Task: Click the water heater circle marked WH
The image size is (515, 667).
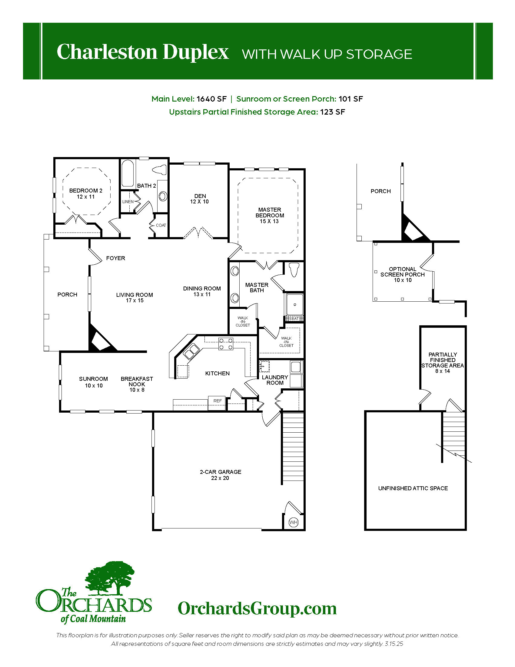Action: [x=294, y=523]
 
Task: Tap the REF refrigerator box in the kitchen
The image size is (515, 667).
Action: [x=217, y=403]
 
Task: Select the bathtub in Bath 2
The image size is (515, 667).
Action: [x=128, y=174]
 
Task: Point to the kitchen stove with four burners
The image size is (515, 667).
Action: [x=226, y=344]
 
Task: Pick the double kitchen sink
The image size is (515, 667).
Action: [x=191, y=351]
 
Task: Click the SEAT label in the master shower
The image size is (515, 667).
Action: [x=294, y=319]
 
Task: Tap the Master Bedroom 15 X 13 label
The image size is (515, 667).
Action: [x=270, y=215]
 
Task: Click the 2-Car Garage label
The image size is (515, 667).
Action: [x=220, y=475]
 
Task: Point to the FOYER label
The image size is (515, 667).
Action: [x=116, y=258]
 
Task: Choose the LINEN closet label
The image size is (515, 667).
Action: [x=128, y=202]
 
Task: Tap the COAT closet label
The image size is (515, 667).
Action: [x=161, y=225]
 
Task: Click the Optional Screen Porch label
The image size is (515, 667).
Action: [x=402, y=274]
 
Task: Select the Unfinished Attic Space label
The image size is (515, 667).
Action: [x=413, y=488]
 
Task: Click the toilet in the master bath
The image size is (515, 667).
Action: [x=294, y=269]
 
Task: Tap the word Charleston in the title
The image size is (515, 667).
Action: [x=107, y=52]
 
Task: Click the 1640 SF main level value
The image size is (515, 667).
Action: [x=212, y=99]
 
